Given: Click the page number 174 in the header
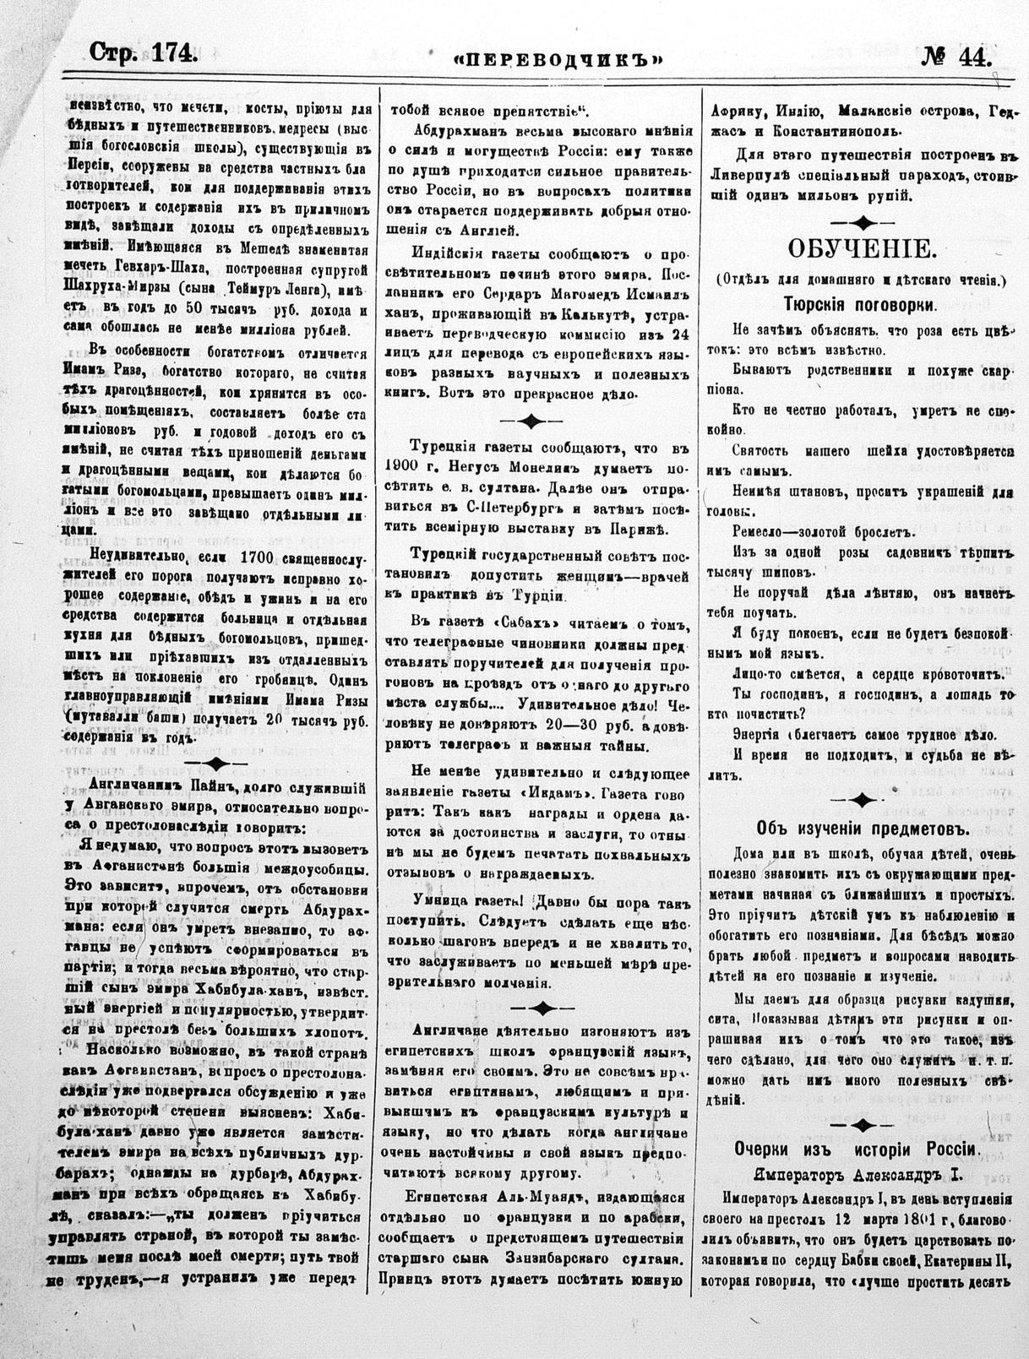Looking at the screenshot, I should click(174, 53).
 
